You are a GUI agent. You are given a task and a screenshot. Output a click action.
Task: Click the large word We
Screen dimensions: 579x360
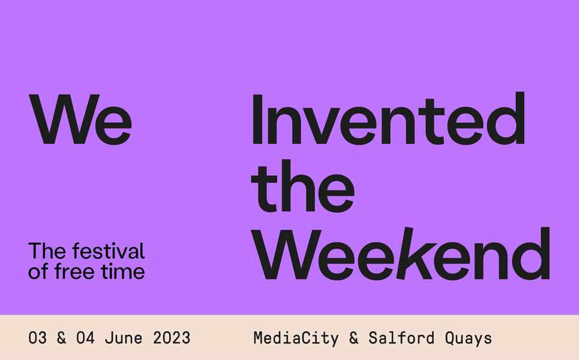(80, 119)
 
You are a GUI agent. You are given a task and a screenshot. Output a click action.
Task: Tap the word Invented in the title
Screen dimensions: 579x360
(388, 118)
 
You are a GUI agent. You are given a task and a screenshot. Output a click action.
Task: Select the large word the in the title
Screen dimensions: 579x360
(303, 186)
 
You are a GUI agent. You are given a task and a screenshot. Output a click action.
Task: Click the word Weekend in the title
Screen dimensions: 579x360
(401, 253)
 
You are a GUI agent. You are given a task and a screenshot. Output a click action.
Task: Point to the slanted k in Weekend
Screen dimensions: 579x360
(415, 253)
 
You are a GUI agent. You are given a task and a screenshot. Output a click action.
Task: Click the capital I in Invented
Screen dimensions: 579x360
(257, 119)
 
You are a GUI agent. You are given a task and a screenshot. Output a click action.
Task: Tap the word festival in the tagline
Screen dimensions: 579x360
(109, 251)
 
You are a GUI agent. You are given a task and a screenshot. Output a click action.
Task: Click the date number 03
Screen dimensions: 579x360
(38, 338)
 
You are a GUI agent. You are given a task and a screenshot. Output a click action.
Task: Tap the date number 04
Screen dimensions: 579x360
(85, 338)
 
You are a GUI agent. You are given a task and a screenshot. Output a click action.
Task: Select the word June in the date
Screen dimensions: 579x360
(124, 338)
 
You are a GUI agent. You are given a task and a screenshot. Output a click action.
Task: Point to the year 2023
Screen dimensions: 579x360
(172, 338)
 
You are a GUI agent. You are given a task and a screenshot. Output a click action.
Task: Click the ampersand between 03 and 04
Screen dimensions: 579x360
(62, 338)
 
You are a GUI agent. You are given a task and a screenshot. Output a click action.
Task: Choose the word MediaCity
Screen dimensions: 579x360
(296, 338)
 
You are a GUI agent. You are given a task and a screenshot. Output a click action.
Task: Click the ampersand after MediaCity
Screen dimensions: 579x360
(354, 338)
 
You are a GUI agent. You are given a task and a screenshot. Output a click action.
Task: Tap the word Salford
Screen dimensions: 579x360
(401, 338)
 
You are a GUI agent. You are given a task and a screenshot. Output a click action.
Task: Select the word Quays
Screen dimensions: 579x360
(468, 338)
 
